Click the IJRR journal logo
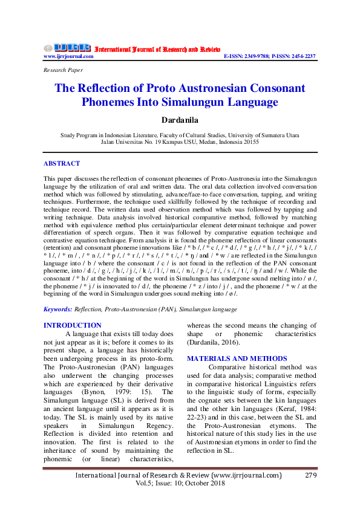click(67, 47)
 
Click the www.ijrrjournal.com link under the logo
click(68, 56)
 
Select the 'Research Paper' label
click(63, 70)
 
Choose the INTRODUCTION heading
click(72, 325)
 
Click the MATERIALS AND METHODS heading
click(237, 358)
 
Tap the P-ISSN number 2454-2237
click(303, 56)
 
